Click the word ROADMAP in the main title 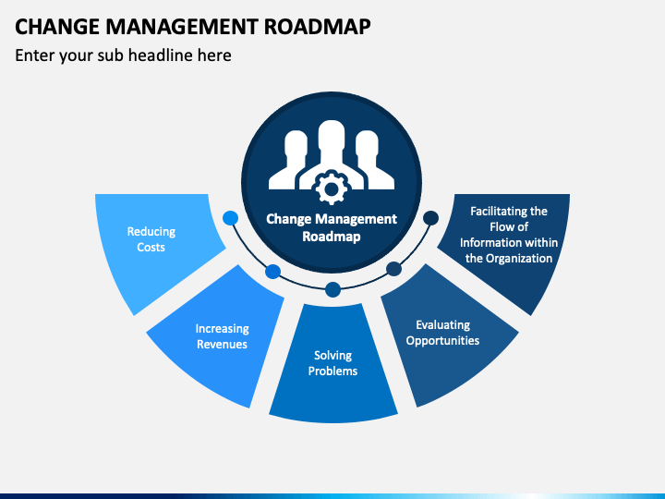pyautogui.click(x=317, y=26)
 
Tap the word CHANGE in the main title pyautogui.click(x=57, y=26)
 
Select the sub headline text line pyautogui.click(x=123, y=55)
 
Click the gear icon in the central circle pyautogui.click(x=332, y=187)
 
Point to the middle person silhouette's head pyautogui.click(x=332, y=136)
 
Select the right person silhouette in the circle pyautogui.click(x=373, y=160)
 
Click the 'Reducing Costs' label pyautogui.click(x=151, y=239)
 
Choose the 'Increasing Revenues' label pyautogui.click(x=223, y=336)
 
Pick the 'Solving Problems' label pyautogui.click(x=332, y=363)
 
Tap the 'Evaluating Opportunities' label pyautogui.click(x=442, y=333)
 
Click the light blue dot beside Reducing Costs pyautogui.click(x=230, y=218)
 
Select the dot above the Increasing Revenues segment pyautogui.click(x=273, y=272)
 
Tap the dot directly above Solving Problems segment pyautogui.click(x=332, y=290)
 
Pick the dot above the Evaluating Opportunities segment pyautogui.click(x=393, y=269)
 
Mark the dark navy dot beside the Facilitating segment pyautogui.click(x=431, y=218)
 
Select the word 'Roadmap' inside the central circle pyautogui.click(x=332, y=237)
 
